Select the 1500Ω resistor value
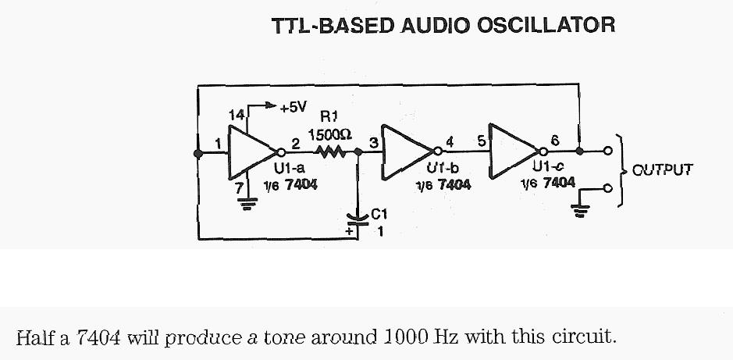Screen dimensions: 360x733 pyautogui.click(x=330, y=134)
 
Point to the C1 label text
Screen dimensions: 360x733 pyautogui.click(x=379, y=213)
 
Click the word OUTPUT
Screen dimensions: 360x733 pyautogui.click(x=662, y=169)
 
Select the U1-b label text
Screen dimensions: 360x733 pyautogui.click(x=443, y=167)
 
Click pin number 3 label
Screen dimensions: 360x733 pyautogui.click(x=373, y=143)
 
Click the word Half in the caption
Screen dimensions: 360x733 pyautogui.click(x=34, y=338)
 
